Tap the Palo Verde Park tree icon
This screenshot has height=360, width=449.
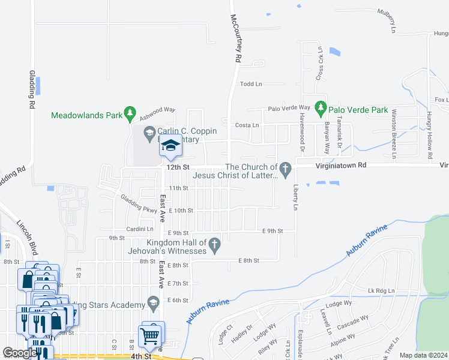321,109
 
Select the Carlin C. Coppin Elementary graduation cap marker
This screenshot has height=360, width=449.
170,146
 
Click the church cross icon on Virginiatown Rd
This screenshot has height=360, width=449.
286,167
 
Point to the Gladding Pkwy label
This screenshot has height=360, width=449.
139,205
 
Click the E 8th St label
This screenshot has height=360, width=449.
249,260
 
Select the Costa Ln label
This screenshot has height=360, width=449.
247,125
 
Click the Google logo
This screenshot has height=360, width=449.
20,352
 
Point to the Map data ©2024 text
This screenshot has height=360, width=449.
423,355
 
